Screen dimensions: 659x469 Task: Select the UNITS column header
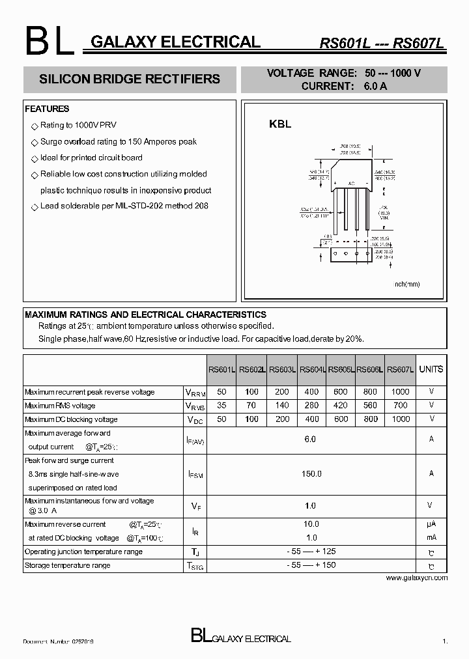[431, 369]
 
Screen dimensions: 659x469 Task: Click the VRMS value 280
[311, 406]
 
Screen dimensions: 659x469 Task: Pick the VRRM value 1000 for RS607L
[401, 392]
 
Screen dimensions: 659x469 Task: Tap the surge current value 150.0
[311, 474]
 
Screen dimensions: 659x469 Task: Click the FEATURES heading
[47, 109]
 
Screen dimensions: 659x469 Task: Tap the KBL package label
[280, 124]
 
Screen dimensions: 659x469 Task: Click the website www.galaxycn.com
[417, 578]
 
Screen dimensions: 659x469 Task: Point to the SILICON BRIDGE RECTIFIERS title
[130, 79]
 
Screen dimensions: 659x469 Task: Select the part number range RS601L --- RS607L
[382, 44]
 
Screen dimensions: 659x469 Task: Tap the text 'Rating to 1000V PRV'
[78, 125]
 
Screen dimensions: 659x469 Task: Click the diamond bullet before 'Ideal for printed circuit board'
[35, 158]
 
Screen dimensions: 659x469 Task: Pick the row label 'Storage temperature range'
[67, 565]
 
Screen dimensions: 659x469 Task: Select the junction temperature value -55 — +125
[311, 552]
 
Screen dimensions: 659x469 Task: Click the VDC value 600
[341, 419]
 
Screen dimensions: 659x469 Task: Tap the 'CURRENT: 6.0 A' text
[344, 86]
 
